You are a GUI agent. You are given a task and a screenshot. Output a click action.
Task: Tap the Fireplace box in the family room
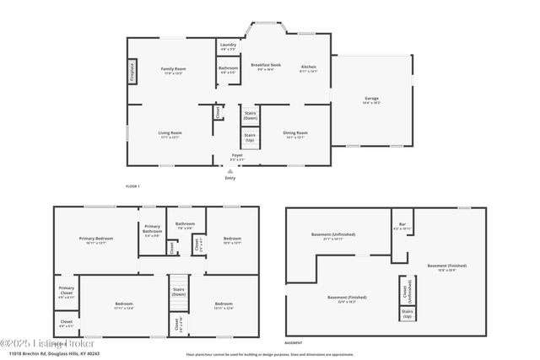pos(132,71)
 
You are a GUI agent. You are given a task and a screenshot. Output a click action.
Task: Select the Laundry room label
pos(228,46)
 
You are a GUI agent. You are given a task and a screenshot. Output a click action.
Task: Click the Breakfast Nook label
pos(266,67)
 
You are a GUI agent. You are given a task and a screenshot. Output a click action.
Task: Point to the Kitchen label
pos(309,68)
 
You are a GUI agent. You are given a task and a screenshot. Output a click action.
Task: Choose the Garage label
pos(371,99)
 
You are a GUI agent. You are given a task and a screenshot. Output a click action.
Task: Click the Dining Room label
pos(295,134)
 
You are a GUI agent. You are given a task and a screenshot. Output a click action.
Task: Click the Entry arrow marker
pos(230,171)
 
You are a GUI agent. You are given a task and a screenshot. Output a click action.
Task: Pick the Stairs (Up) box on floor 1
pos(250,137)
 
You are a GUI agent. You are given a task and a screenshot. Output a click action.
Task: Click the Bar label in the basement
pos(402,226)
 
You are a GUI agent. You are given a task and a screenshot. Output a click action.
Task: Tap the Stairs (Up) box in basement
pos(407,314)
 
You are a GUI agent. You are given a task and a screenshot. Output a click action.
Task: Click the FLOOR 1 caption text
pos(132,185)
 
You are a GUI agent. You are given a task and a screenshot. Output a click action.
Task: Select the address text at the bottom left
pos(52,354)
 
